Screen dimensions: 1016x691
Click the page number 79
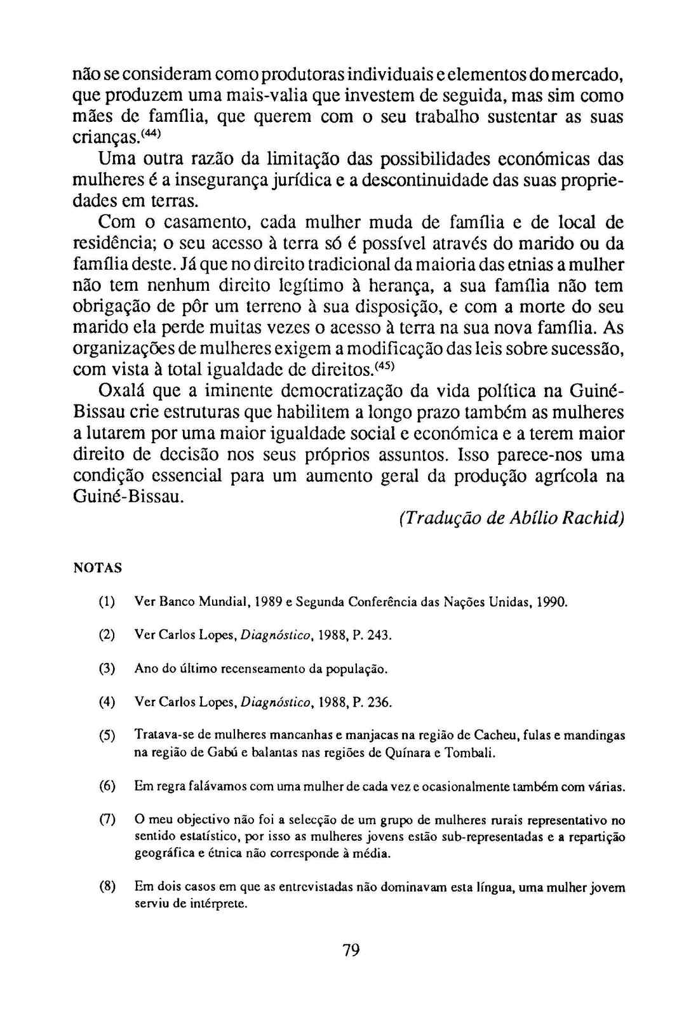coord(351,950)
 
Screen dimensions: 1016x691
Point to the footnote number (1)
coord(107,601)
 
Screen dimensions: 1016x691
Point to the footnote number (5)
coord(107,736)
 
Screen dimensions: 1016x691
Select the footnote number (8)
coord(107,887)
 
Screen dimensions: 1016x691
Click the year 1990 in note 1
coord(551,601)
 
